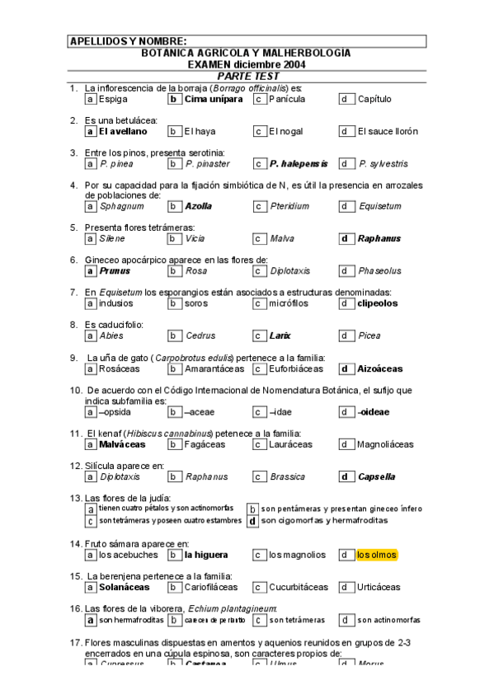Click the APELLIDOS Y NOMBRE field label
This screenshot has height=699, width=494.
click(x=128, y=41)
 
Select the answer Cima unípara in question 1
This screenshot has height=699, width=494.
click(x=213, y=99)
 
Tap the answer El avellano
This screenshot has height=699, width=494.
click(x=122, y=131)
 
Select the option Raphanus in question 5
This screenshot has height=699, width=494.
click(x=379, y=238)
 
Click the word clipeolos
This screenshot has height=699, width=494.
click(x=377, y=303)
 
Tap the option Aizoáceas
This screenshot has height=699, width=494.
click(x=380, y=368)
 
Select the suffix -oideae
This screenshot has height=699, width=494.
click(x=374, y=411)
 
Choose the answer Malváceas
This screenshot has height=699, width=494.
click(x=121, y=443)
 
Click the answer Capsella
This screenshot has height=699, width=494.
click(x=376, y=476)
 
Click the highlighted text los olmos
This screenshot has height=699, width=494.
click(x=377, y=555)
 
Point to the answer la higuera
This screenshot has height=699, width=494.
click(x=206, y=555)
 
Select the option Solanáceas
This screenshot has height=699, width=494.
click(x=124, y=587)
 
